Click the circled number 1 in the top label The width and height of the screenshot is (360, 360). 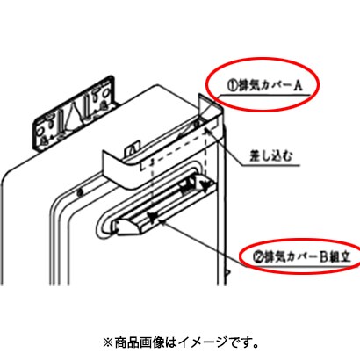tap(232, 87)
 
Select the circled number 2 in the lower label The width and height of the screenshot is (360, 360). tap(257, 257)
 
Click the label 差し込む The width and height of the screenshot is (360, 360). tap(270, 157)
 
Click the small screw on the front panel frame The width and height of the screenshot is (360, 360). tap(79, 192)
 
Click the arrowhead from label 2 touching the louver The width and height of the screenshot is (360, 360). tap(162, 221)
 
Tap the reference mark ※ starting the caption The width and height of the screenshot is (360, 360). tap(107, 342)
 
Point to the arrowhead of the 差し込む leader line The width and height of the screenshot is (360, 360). tap(208, 131)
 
